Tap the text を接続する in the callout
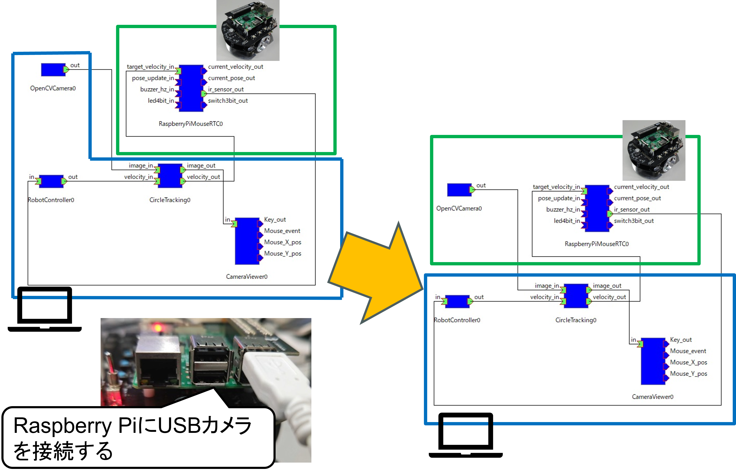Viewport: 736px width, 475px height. (63, 451)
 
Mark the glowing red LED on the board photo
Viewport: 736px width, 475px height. (158, 327)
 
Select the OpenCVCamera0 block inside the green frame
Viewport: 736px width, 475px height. (459, 190)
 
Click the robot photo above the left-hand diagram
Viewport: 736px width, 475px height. (248, 30)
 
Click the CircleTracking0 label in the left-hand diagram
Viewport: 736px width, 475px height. (170, 200)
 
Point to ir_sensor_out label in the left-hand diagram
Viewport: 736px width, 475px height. (226, 89)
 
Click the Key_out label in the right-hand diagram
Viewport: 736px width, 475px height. (681, 340)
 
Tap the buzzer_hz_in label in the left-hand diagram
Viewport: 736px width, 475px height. (157, 89)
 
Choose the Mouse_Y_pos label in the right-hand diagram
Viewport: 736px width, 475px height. (689, 374)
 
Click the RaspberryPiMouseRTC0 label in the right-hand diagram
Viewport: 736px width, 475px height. (596, 244)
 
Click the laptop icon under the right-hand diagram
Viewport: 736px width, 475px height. (466, 435)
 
